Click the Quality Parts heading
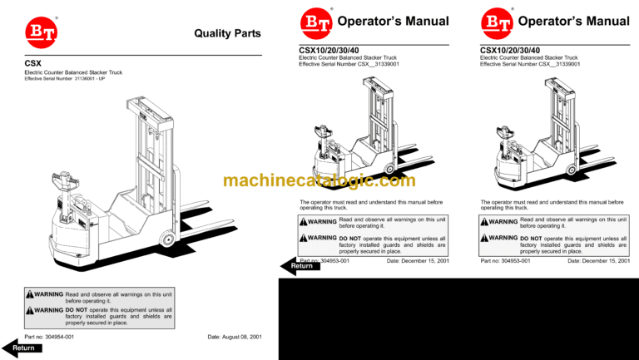(x=227, y=34)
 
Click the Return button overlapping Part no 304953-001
(x=301, y=266)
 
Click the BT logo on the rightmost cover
(x=498, y=22)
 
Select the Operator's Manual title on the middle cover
(x=394, y=21)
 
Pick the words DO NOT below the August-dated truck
(x=78, y=310)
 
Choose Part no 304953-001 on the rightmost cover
(x=506, y=261)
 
